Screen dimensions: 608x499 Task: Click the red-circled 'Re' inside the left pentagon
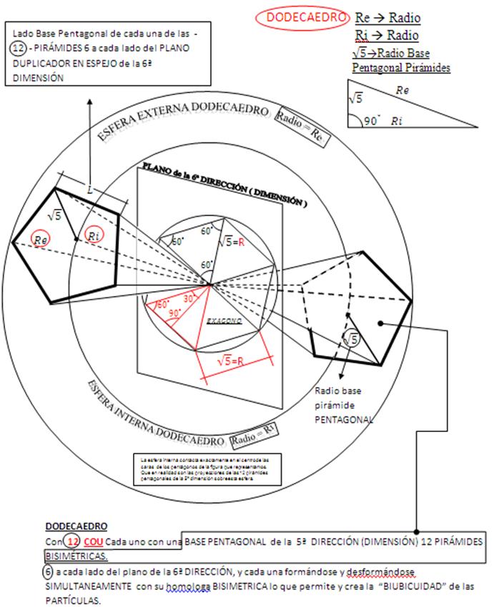pyautogui.click(x=41, y=240)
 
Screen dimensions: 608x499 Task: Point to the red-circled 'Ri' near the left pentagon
pyautogui.click(x=94, y=235)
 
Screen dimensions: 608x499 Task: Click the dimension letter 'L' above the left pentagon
pyautogui.click(x=89, y=190)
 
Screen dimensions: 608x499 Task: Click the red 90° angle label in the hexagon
pyautogui.click(x=174, y=313)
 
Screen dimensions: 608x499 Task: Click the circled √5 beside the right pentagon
pyautogui.click(x=351, y=340)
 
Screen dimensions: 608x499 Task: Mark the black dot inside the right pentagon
pyautogui.click(x=382, y=323)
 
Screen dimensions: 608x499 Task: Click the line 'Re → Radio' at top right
pyautogui.click(x=388, y=18)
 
